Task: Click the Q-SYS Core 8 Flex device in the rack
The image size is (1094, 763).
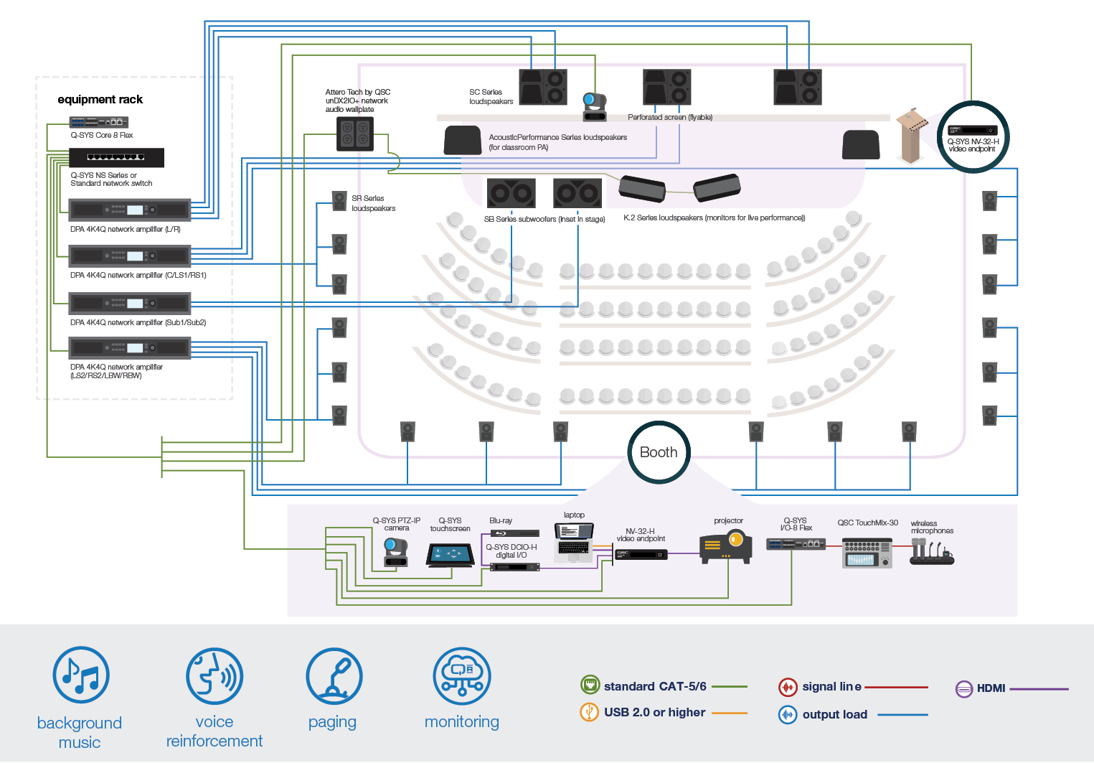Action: pyautogui.click(x=98, y=122)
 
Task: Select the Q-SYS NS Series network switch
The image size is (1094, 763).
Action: pyautogui.click(x=116, y=157)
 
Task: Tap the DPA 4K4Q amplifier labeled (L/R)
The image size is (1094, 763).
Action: pyautogui.click(x=129, y=210)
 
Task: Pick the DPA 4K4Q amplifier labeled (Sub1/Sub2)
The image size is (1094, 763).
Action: pyautogui.click(x=129, y=304)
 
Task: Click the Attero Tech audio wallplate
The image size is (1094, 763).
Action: pyautogui.click(x=355, y=134)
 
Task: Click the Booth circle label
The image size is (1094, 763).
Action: pyautogui.click(x=659, y=452)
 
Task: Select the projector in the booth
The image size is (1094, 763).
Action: pyautogui.click(x=726, y=546)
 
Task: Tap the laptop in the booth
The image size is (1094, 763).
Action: pyautogui.click(x=574, y=541)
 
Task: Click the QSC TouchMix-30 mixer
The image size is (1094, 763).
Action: pyautogui.click(x=867, y=553)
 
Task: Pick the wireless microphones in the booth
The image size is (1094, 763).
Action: pyautogui.click(x=931, y=553)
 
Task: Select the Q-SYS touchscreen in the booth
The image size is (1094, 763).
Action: pyautogui.click(x=451, y=555)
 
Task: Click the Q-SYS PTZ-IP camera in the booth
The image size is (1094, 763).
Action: pyautogui.click(x=396, y=551)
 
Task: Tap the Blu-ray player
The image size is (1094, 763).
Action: pyautogui.click(x=515, y=533)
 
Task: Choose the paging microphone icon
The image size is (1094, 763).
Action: pyautogui.click(x=334, y=676)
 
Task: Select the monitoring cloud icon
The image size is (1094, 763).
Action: pyautogui.click(x=462, y=676)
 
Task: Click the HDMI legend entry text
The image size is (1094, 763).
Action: pyautogui.click(x=991, y=688)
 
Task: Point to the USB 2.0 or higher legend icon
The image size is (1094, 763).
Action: pyautogui.click(x=589, y=712)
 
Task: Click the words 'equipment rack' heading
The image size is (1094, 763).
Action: pyautogui.click(x=100, y=100)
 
